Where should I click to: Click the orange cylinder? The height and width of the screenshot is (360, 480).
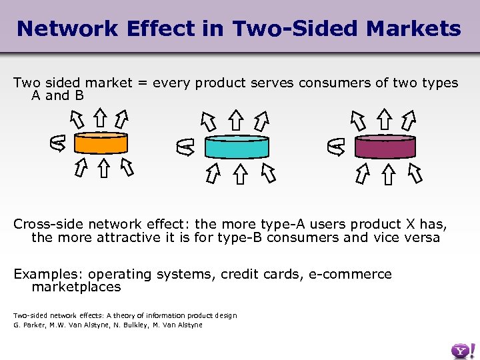pos(100,143)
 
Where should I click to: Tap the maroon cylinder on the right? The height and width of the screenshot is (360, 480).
pos(385,145)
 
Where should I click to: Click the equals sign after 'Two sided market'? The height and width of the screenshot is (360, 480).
pos(143,83)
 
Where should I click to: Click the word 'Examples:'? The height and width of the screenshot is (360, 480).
pos(48,274)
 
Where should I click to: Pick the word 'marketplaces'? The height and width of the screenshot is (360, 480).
pos(76,287)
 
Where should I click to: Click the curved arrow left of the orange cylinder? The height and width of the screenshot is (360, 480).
pos(58,143)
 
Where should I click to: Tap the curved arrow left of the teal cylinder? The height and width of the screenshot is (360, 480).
pos(185,147)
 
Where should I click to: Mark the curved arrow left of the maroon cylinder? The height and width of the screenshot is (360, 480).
pos(337,146)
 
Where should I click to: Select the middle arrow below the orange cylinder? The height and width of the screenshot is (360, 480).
pos(103,168)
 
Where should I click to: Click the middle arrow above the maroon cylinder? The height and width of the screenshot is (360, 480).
pos(385,120)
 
